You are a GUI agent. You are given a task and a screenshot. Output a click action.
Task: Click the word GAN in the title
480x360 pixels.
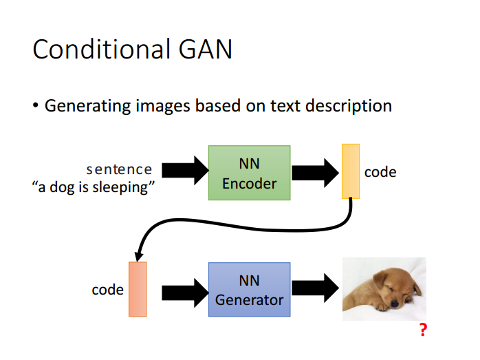pyautogui.click(x=206, y=49)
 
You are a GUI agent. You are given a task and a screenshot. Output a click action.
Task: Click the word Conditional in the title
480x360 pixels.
pyautogui.click(x=101, y=49)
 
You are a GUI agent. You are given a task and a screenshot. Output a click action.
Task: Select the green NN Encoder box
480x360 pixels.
pyautogui.click(x=250, y=173)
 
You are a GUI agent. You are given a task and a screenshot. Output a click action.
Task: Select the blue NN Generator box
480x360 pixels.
pyautogui.click(x=250, y=290)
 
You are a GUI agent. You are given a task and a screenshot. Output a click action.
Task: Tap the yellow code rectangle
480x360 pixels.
pyautogui.click(x=351, y=171)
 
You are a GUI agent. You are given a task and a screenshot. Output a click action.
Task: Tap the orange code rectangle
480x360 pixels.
pyautogui.click(x=138, y=289)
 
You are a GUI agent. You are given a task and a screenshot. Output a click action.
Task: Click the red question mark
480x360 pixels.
pyautogui.click(x=423, y=330)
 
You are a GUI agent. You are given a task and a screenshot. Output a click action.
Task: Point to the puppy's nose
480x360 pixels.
pyautogui.click(x=394, y=304)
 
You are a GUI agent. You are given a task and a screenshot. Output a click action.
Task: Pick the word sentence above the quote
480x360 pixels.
pyautogui.click(x=119, y=169)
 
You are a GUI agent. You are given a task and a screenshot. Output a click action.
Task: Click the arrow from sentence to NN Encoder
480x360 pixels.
pyautogui.click(x=185, y=170)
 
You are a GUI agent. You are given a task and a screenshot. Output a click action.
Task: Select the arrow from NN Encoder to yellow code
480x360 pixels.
pyautogui.click(x=316, y=173)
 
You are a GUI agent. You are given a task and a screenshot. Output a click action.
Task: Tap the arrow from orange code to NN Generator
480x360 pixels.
pyautogui.click(x=185, y=293)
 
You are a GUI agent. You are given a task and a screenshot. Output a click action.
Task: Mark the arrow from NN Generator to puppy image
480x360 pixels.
pyautogui.click(x=316, y=288)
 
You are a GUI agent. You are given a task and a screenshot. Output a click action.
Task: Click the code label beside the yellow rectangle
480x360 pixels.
pyautogui.click(x=380, y=172)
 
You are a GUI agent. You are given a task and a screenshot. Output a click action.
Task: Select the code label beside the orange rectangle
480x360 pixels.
pyautogui.click(x=107, y=290)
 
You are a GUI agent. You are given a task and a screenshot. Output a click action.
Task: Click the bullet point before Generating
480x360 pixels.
pyautogui.click(x=36, y=106)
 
